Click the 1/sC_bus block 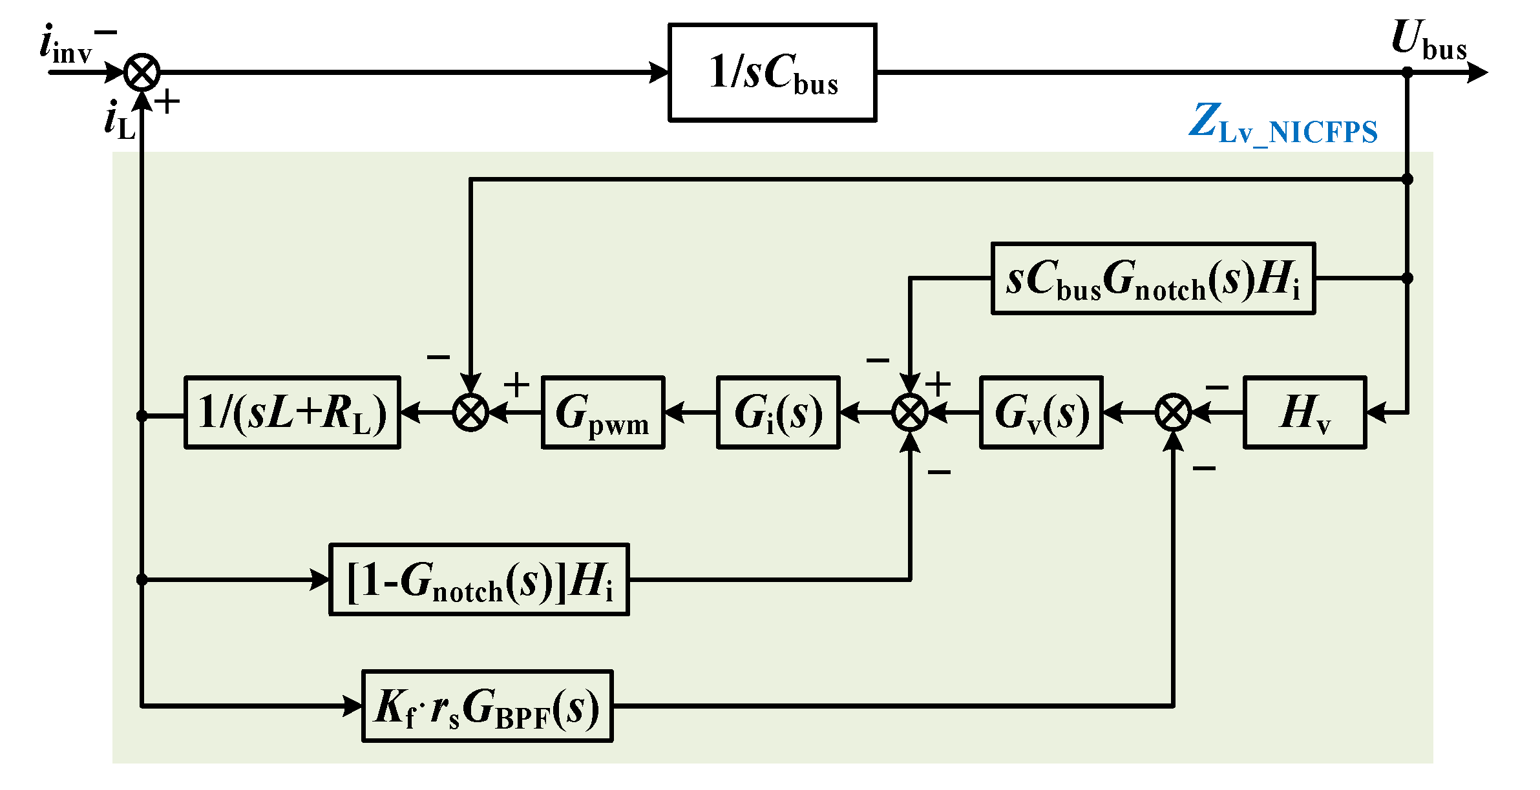pyautogui.click(x=772, y=73)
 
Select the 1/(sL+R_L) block pyautogui.click(x=292, y=412)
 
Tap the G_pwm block pyautogui.click(x=602, y=412)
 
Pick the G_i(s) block pyautogui.click(x=778, y=412)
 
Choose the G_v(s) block pyautogui.click(x=1041, y=412)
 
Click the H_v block pyautogui.click(x=1305, y=412)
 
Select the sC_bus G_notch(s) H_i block pyautogui.click(x=1153, y=278)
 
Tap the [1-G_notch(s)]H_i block pyautogui.click(x=479, y=579)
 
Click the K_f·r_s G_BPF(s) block pyautogui.click(x=487, y=706)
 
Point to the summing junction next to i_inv pyautogui.click(x=142, y=72)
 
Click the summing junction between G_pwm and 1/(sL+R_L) pyautogui.click(x=470, y=412)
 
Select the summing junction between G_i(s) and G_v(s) pyautogui.click(x=910, y=412)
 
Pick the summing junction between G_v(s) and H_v pyautogui.click(x=1173, y=412)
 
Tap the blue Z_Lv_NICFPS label pyautogui.click(x=1283, y=124)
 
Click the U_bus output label pyautogui.click(x=1428, y=40)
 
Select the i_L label pyautogui.click(x=120, y=121)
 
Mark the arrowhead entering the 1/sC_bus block pyautogui.click(x=659, y=72)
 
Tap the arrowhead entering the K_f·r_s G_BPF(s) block pyautogui.click(x=353, y=706)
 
